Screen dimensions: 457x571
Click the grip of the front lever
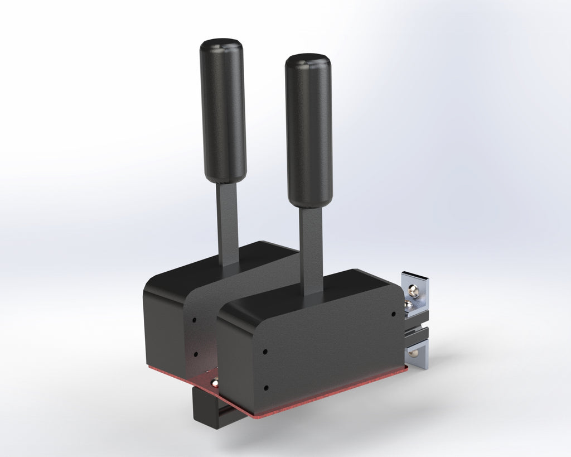pos(309,131)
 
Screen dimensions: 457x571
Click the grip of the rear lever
pos(223,112)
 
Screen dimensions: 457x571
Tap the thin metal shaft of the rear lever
pos(228,223)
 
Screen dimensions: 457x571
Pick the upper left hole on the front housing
pos(265,352)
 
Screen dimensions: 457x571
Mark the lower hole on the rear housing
pos(195,353)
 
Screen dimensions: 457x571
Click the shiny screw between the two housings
pos(215,383)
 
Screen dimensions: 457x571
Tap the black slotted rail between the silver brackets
pos(415,334)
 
